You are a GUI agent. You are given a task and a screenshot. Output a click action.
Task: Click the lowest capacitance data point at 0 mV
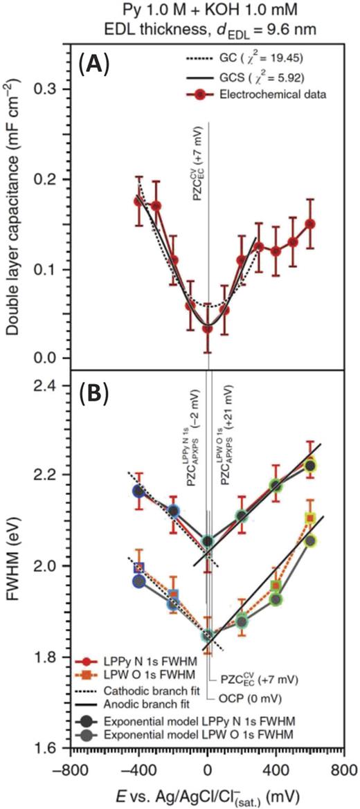(207, 328)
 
